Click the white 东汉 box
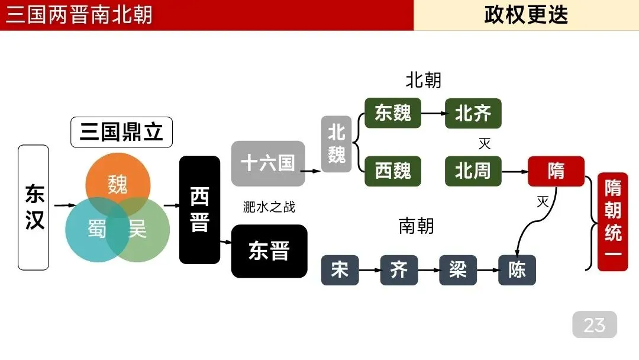coord(34,207)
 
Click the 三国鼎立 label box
coord(121,132)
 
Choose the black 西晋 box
coord(199,210)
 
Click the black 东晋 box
coord(269,251)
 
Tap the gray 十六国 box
coord(268,163)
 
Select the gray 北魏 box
coord(337,144)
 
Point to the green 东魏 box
coord(393,113)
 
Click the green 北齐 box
coord(473,113)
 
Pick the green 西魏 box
coord(393,171)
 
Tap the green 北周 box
coord(473,171)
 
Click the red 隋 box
coord(556,171)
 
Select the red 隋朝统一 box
coord(612,221)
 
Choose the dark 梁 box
coord(458,270)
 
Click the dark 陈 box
coord(517,270)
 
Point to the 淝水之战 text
coord(269,207)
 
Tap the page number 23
coord(594,324)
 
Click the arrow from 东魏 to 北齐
coord(433,113)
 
